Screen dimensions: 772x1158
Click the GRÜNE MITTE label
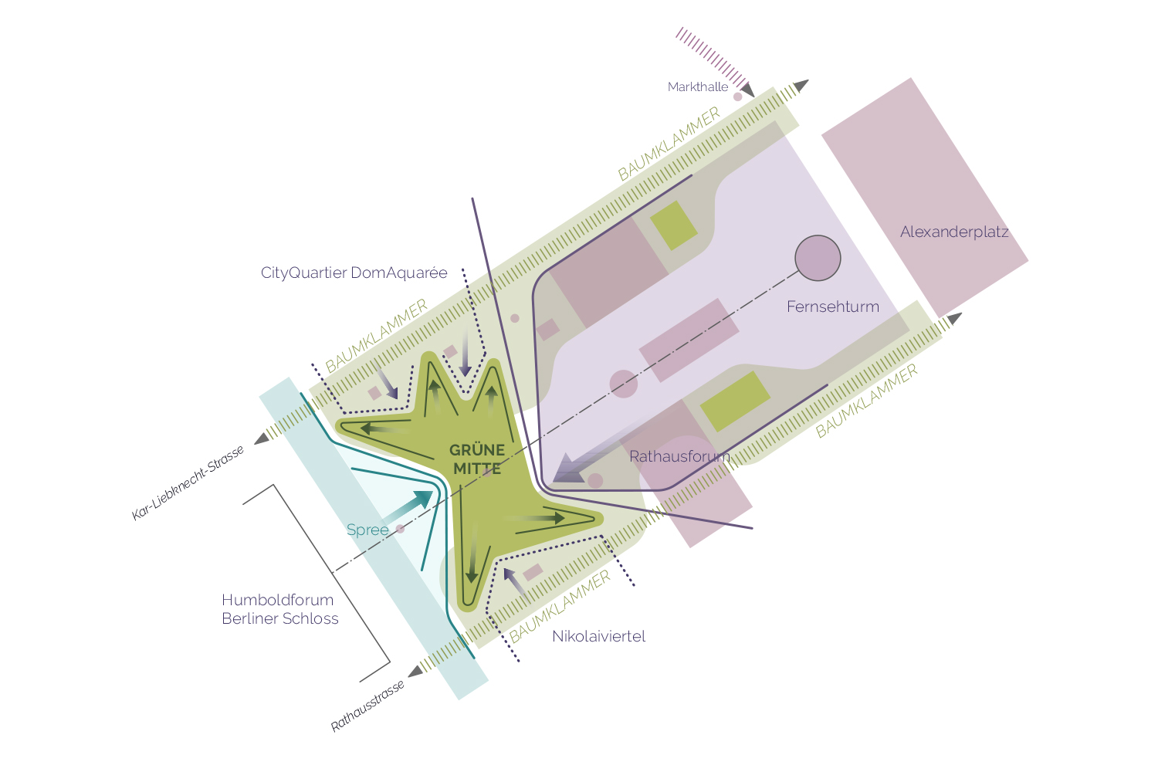pyautogui.click(x=477, y=459)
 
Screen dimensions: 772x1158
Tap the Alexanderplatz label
pyautogui.click(x=954, y=232)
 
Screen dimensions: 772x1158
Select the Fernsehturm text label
pyautogui.click(x=832, y=306)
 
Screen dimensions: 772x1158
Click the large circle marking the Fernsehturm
pyautogui.click(x=818, y=258)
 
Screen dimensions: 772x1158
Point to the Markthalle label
pyautogui.click(x=698, y=87)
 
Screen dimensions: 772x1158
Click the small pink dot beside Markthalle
pyautogui.click(x=737, y=96)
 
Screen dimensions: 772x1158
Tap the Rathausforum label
pyautogui.click(x=679, y=456)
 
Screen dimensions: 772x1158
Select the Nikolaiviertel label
pyautogui.click(x=598, y=636)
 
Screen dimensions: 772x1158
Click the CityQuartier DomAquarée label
pyautogui.click(x=354, y=273)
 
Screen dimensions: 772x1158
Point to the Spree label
pyautogui.click(x=367, y=530)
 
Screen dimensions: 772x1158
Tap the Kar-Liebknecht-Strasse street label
pyautogui.click(x=188, y=483)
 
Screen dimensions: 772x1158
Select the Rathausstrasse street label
pyautogui.click(x=367, y=706)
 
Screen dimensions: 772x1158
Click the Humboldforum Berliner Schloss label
pyautogui.click(x=279, y=609)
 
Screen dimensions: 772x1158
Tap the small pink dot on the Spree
pyautogui.click(x=400, y=529)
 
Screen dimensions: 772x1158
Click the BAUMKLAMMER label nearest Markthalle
pyautogui.click(x=669, y=144)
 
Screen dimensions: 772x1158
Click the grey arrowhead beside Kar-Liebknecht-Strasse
pyautogui.click(x=262, y=438)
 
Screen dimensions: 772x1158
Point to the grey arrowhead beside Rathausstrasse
pyautogui.click(x=415, y=671)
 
